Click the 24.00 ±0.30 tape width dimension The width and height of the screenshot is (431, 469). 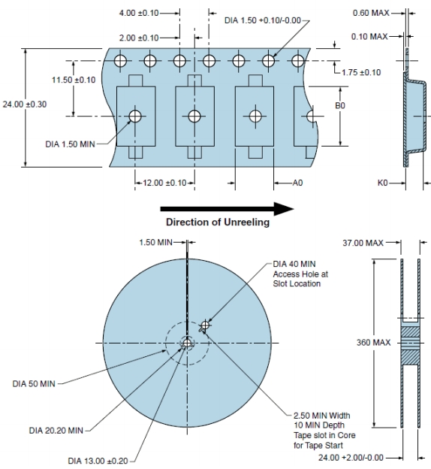[25, 104]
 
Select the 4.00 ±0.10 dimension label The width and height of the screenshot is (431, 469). [139, 14]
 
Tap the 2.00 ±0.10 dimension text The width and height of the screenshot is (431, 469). [139, 38]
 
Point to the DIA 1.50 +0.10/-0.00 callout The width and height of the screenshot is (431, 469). [262, 20]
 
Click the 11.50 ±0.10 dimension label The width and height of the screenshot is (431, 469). [74, 80]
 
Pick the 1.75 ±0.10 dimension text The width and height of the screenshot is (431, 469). [361, 72]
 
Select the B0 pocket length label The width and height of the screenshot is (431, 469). [340, 105]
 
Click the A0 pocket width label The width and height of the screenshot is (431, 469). [297, 183]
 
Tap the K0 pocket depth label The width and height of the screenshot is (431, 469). [383, 183]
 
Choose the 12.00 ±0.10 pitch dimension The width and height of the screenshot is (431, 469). [164, 183]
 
